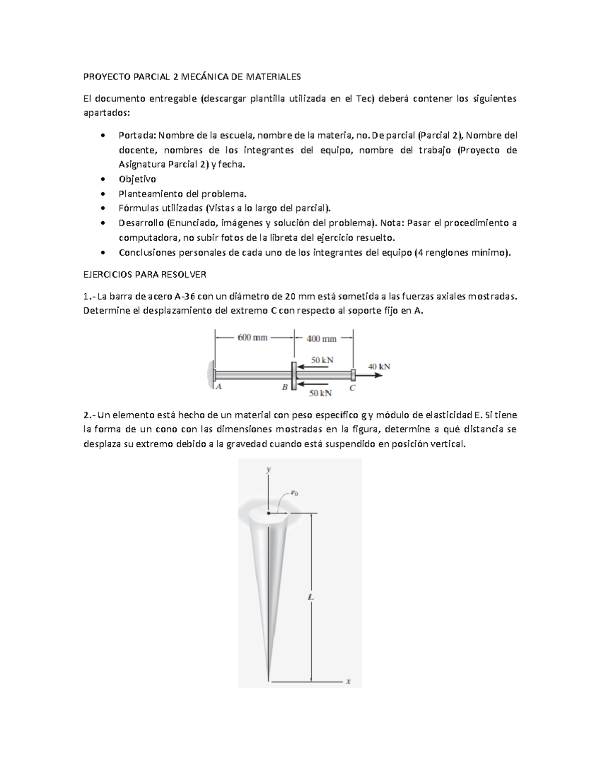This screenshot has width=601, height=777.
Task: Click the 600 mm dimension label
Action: (x=252, y=337)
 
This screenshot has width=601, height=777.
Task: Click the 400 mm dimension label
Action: (x=322, y=339)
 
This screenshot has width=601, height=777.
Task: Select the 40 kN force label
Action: (x=379, y=366)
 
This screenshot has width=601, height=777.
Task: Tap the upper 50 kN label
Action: (x=322, y=360)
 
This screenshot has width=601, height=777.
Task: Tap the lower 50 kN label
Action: (x=320, y=393)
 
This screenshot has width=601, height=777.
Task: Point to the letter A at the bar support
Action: (x=218, y=387)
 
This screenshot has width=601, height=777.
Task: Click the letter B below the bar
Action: (x=284, y=387)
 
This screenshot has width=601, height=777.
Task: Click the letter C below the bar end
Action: (x=353, y=388)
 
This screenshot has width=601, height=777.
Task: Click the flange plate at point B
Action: (x=294, y=375)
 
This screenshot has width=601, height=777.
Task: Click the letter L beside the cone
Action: (x=311, y=597)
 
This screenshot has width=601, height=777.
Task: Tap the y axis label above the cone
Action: (x=269, y=469)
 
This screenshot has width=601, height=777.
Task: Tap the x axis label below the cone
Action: (x=348, y=681)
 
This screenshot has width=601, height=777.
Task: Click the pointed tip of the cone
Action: (x=269, y=679)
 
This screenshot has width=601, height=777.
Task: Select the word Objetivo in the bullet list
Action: (x=137, y=179)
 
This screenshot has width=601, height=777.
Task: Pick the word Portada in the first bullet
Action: (x=138, y=135)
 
